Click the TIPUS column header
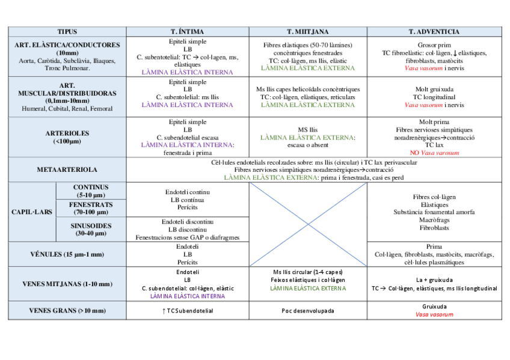[x=67, y=31]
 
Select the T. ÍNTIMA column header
[x=188, y=31]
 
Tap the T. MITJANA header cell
[x=307, y=31]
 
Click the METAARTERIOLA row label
[x=67, y=169]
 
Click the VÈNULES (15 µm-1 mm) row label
[x=67, y=255]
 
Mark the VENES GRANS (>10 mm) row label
[x=67, y=311]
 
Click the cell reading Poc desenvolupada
[x=307, y=311]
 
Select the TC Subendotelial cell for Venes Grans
[x=188, y=311]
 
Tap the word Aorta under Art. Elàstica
[x=27, y=61]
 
